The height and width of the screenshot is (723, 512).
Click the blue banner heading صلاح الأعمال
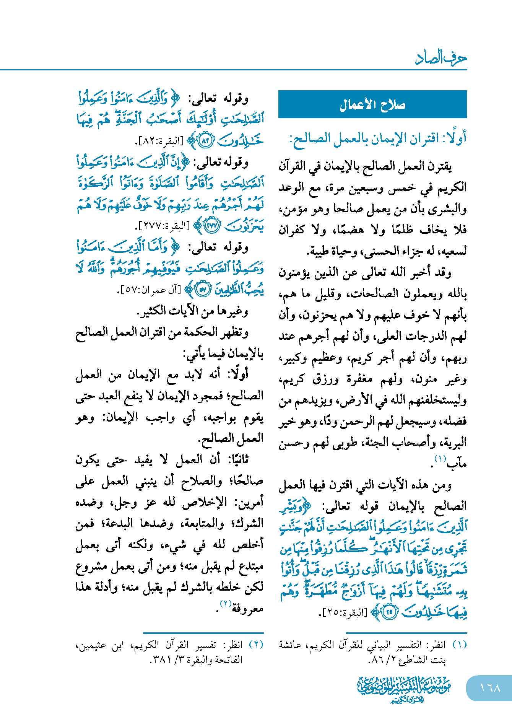(372, 104)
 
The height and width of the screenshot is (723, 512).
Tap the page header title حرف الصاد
(441, 58)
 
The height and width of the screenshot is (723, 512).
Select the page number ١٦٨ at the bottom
(490, 688)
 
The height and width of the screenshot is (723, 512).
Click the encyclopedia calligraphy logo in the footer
(404, 689)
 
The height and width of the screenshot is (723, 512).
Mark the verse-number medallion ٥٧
(203, 289)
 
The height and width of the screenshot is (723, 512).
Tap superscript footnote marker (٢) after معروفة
(225, 603)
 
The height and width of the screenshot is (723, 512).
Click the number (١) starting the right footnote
(459, 645)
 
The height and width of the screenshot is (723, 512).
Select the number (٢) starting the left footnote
(256, 645)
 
